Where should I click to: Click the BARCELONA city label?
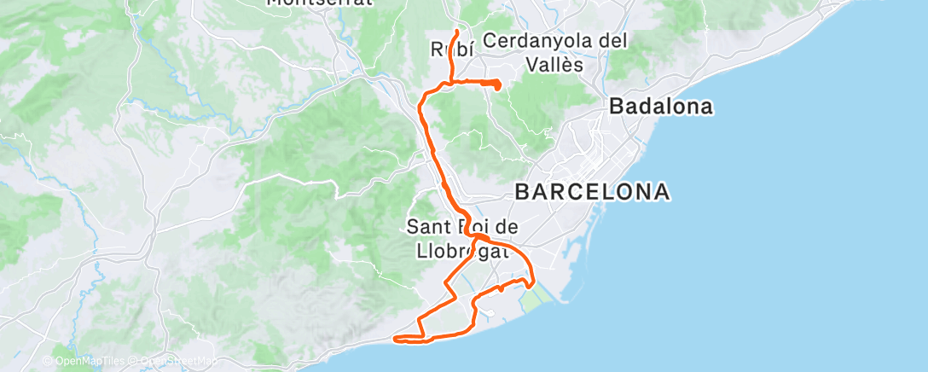point(592,191)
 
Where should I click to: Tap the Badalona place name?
point(660,107)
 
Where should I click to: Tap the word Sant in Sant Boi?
point(426,227)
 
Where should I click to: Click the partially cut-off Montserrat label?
point(320,3)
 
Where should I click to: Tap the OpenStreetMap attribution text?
point(178,361)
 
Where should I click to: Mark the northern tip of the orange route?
point(458,32)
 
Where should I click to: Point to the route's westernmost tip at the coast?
point(395,339)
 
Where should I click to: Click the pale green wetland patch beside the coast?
point(534,299)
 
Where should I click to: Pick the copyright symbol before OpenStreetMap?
point(134,361)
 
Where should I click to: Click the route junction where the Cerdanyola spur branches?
point(449,82)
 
